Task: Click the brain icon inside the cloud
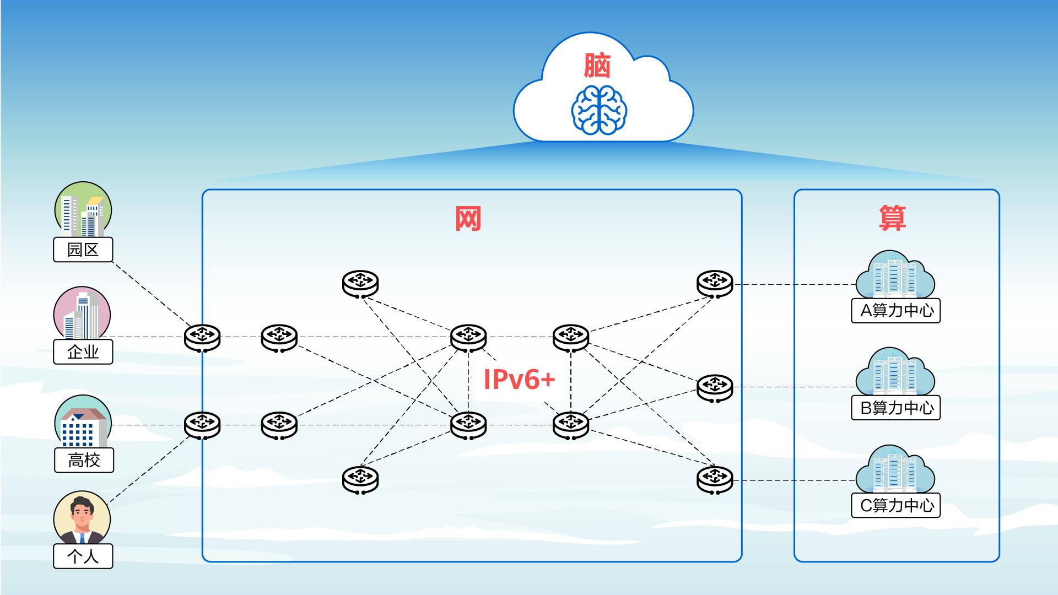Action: (599, 110)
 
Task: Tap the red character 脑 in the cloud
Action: (598, 66)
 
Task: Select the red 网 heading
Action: (468, 219)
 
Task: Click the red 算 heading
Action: (892, 219)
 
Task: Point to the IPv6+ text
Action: (519, 380)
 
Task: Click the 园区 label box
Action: (83, 250)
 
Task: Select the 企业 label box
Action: (83, 351)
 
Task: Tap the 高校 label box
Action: (84, 460)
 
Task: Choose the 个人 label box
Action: (83, 556)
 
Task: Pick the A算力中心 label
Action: (896, 311)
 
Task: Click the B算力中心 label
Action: (896, 408)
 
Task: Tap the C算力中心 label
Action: (896, 505)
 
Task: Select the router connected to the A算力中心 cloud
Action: (715, 284)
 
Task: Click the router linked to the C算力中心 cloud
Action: (715, 480)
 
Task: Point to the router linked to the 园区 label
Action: (202, 337)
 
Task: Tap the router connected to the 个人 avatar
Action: (202, 425)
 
